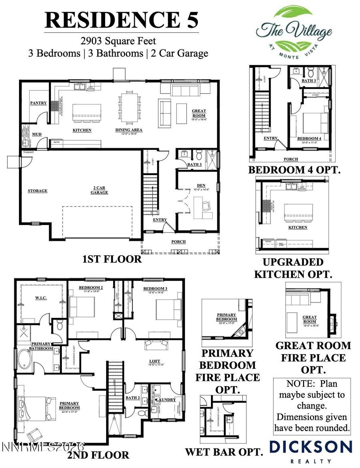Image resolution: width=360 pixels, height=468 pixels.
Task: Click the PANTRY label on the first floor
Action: coord(38,103)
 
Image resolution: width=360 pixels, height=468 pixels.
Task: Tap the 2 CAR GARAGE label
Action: coord(99,190)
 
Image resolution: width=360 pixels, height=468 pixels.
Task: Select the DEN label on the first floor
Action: coord(201,185)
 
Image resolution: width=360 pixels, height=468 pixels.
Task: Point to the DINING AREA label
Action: coord(129,130)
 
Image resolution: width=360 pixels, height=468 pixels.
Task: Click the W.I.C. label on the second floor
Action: coord(41,298)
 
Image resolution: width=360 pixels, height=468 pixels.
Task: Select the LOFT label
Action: coord(154,361)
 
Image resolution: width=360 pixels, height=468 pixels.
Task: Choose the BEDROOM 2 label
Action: coord(91,288)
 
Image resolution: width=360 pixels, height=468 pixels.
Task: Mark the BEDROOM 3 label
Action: coord(155,289)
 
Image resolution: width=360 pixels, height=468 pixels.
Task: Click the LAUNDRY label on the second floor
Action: coord(166,400)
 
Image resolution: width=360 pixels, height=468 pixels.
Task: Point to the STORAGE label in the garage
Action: coord(38,191)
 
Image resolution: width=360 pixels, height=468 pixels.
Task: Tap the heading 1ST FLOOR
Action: coord(112,259)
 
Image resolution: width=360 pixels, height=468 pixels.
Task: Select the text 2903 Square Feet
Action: coord(118,41)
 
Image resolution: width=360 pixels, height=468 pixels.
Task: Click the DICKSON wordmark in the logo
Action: coord(310,447)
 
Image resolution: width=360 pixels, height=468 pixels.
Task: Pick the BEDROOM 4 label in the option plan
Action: coord(309,139)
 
